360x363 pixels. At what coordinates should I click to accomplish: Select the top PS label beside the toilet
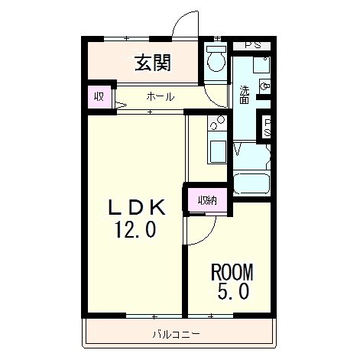click(251, 44)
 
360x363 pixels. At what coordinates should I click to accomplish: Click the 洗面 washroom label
click(244, 94)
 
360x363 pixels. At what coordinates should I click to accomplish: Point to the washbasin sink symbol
click(265, 88)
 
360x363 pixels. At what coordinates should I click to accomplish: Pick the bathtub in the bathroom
click(251, 184)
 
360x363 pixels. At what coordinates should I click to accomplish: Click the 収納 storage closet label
click(207, 201)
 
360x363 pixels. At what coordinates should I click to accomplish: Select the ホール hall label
click(160, 97)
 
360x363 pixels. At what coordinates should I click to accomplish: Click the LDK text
click(135, 206)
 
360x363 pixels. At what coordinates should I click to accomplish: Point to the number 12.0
click(135, 229)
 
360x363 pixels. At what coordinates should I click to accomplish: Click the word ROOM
click(231, 272)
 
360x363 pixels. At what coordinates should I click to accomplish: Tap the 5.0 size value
click(232, 292)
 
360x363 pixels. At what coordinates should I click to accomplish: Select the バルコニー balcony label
click(176, 334)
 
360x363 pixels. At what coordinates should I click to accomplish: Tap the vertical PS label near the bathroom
click(268, 126)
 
